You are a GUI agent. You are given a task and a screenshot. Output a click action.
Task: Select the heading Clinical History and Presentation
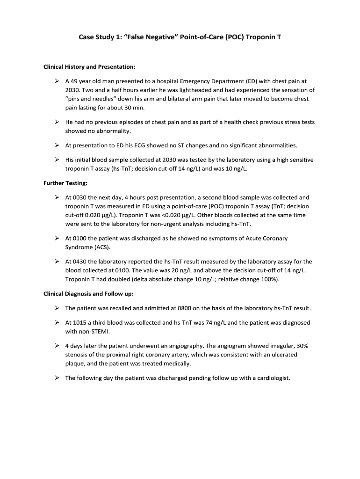point(89,66)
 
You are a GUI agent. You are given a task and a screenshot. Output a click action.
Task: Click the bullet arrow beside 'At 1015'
point(56,323)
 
